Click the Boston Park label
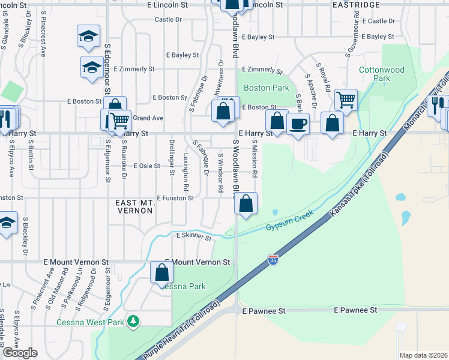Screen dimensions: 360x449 [267, 88]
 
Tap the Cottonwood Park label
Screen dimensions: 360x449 [382, 74]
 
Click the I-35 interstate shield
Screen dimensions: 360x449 [273, 259]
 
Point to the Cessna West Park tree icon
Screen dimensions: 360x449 [133, 322]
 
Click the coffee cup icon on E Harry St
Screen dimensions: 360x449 [298, 124]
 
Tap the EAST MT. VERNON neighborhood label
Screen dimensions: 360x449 [135, 208]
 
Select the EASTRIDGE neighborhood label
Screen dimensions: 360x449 [357, 5]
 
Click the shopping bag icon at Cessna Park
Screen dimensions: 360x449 [162, 273]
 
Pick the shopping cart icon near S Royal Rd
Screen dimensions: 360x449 [346, 99]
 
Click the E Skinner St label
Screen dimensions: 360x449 [194, 238]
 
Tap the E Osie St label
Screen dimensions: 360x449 [147, 166]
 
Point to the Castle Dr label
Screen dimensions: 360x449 [168, 19]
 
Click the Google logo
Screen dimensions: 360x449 [19, 353]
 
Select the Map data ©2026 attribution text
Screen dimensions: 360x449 [424, 355]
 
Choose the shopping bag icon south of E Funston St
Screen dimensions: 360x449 [246, 203]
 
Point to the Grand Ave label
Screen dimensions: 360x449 [148, 118]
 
